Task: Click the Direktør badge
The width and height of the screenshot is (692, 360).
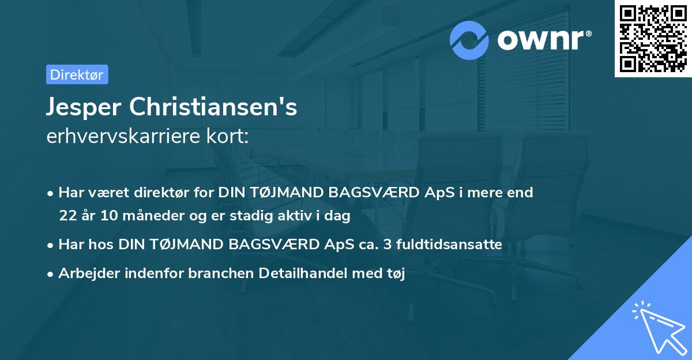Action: pos(77,74)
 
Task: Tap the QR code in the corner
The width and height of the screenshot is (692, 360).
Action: pos(652,39)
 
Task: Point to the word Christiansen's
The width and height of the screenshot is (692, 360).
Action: pos(214,107)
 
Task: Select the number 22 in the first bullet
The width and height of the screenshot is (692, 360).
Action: pos(67,216)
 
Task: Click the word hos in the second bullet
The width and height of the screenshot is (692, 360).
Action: pos(104,245)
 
